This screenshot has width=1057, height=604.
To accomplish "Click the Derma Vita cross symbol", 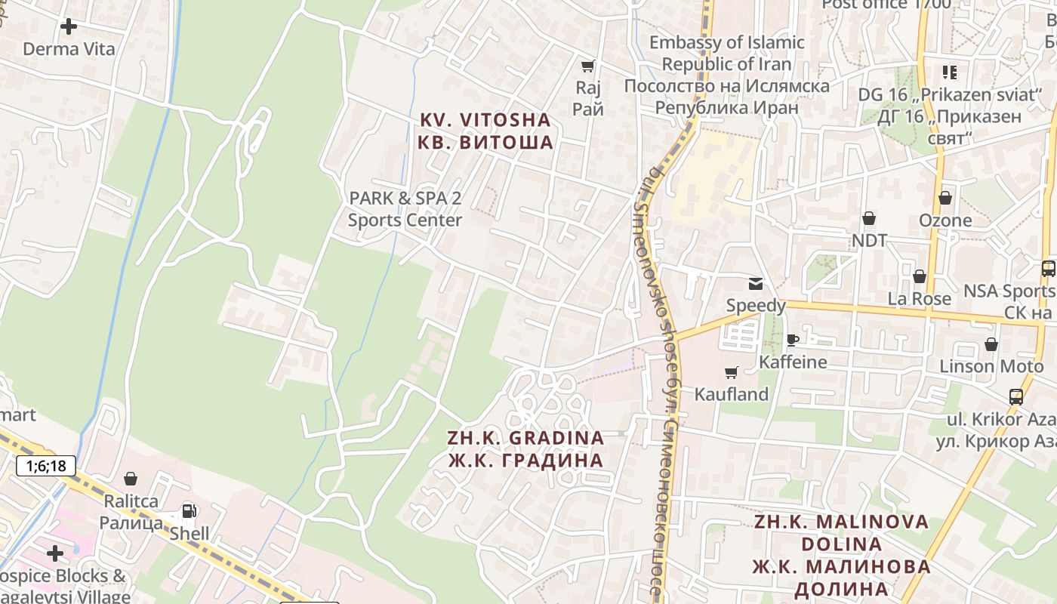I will [x=69, y=26].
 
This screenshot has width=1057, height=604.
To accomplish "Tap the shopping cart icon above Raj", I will [x=588, y=66].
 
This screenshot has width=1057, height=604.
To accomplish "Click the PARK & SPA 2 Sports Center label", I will [x=405, y=209].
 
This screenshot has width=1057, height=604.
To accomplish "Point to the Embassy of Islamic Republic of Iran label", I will [x=726, y=75].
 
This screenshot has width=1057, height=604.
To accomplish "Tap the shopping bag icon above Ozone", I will [x=945, y=198].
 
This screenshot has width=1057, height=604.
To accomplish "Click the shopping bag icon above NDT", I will [x=869, y=218].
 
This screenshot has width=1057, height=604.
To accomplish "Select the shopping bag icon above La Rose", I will [x=919, y=276].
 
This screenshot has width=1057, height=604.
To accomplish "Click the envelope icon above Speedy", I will [x=755, y=284].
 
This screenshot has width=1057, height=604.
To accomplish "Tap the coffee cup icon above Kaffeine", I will [x=792, y=340].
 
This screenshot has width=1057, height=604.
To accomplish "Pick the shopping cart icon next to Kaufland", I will [x=731, y=372].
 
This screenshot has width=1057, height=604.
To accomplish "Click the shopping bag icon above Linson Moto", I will [x=991, y=344].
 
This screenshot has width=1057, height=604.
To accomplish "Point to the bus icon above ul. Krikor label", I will [x=1016, y=396].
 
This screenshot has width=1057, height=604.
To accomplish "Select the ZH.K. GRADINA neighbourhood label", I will [x=525, y=449].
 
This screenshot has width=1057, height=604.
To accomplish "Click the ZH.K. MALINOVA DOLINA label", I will [x=841, y=555].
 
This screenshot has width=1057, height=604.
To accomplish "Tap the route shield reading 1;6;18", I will [x=46, y=466].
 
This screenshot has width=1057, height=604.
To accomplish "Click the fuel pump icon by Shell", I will [x=188, y=511].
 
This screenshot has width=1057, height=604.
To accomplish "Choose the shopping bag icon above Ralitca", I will [x=131, y=479].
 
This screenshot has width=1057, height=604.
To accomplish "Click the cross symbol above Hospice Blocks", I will [x=55, y=553].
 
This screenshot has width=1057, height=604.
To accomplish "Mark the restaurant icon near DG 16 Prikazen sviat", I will [x=949, y=72].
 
